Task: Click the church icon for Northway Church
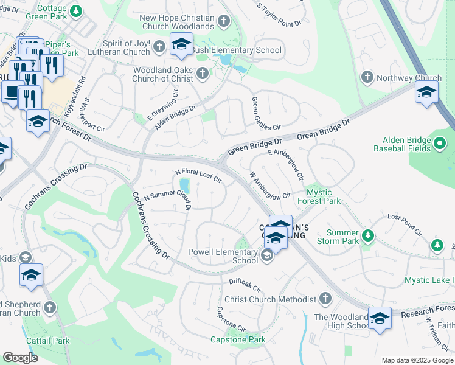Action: coord(367,77)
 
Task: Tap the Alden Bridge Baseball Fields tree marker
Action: coord(441,144)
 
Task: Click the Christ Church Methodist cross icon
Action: coord(325,299)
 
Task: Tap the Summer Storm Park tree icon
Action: coord(367,235)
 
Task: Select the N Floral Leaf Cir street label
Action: coord(198,176)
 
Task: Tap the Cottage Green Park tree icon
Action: coord(75,11)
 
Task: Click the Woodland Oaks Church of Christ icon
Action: coord(202,74)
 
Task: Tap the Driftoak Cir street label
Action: coord(245,285)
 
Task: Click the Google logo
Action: coord(20,358)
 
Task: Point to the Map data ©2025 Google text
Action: coord(417,360)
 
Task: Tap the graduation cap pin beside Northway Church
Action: coord(426,92)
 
